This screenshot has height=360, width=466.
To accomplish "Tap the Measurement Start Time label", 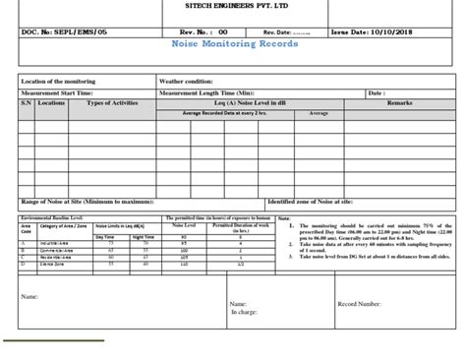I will coord(61,91).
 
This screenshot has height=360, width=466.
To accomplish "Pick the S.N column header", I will coord(27,101).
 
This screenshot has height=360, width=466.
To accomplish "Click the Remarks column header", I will coord(400,101).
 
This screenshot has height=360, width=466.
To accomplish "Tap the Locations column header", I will coord(52,101).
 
